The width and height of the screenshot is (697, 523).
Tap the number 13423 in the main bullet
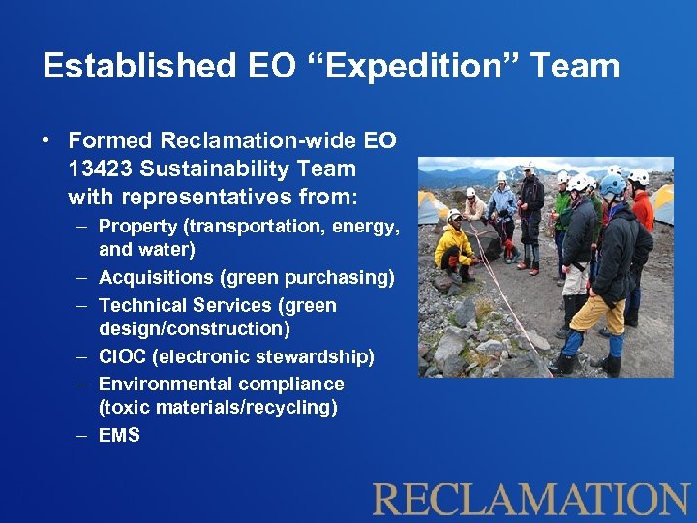[x=101, y=169]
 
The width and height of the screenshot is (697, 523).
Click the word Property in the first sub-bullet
[x=136, y=227]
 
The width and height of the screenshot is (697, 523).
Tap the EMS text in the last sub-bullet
[x=119, y=436]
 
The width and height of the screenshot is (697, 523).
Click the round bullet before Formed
[x=46, y=141]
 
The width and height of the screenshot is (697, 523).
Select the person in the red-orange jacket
[x=642, y=208]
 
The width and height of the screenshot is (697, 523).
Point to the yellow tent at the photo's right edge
[x=662, y=204]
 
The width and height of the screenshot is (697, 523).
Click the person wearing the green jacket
[x=562, y=208]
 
